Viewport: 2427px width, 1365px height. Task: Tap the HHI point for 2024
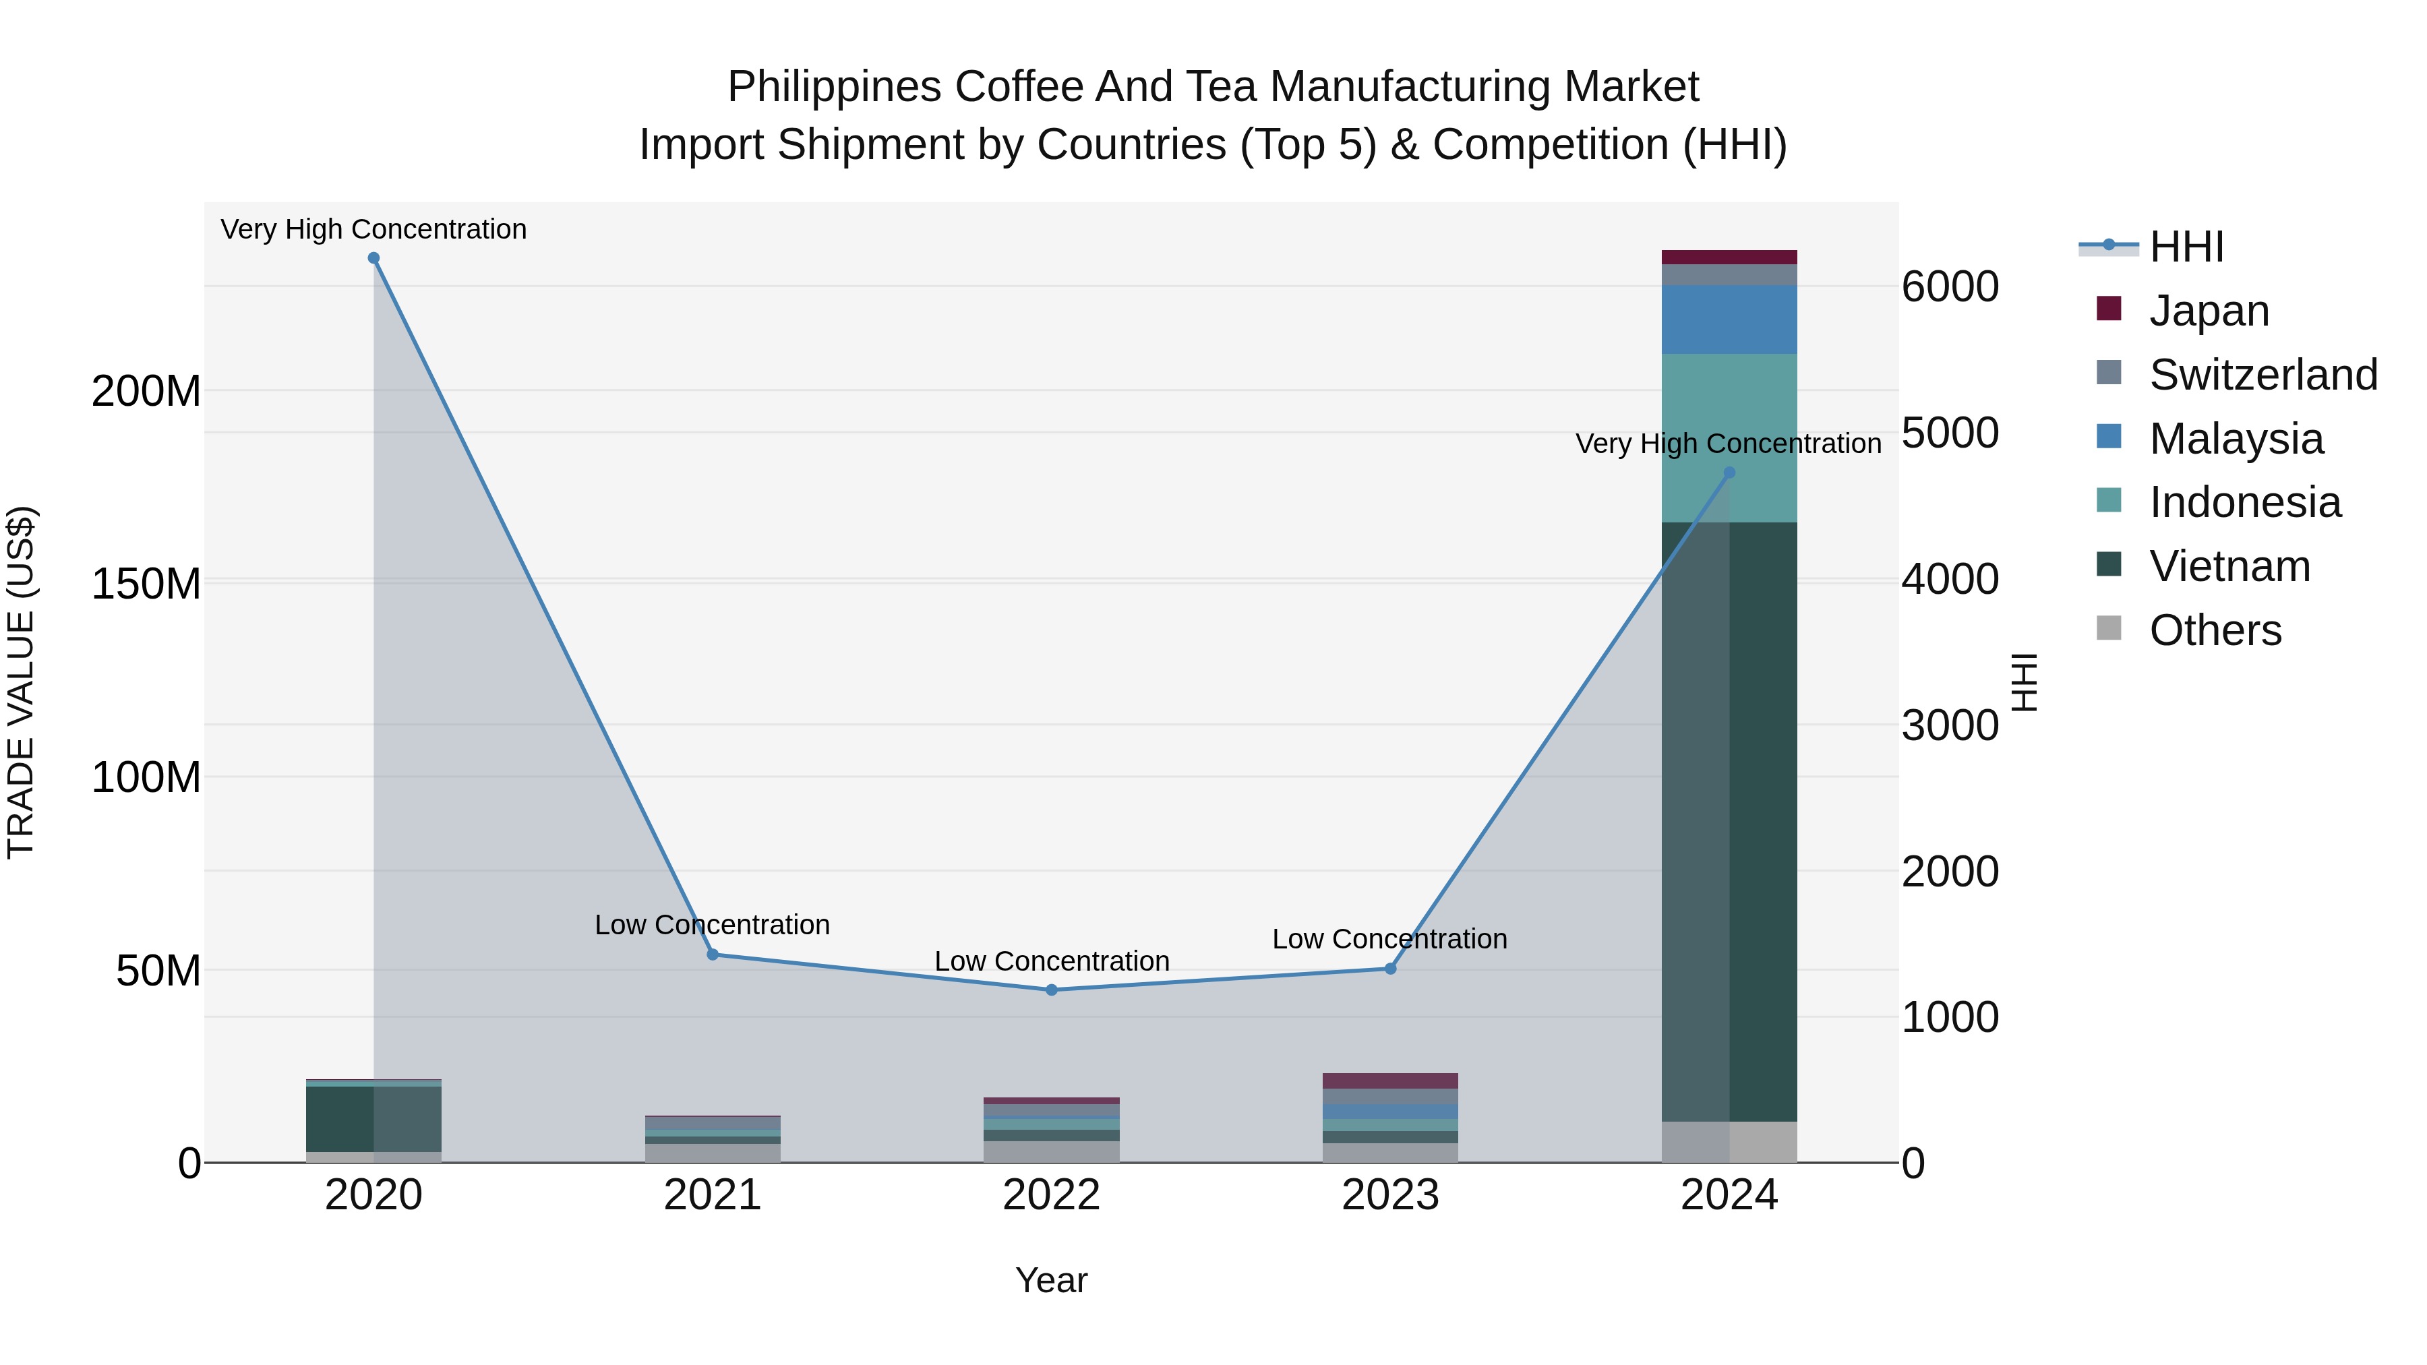point(1729,473)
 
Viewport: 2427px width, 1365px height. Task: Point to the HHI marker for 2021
point(713,954)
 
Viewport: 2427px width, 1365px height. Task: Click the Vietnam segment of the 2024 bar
point(1729,820)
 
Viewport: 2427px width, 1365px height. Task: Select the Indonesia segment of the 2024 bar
point(1729,438)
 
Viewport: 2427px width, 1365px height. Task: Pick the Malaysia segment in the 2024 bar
point(1729,320)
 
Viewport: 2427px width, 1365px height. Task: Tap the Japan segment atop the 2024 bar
point(1729,257)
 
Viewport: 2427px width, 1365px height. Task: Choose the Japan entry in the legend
point(2209,311)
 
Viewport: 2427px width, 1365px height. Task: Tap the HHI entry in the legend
point(2186,247)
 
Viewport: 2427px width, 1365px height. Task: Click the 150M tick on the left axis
point(146,584)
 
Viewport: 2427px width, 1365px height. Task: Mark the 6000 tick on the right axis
point(1949,286)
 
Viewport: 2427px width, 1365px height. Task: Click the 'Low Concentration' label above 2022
point(1052,961)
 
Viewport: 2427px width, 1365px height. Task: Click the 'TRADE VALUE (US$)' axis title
point(21,682)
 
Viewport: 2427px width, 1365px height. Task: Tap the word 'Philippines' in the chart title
point(834,87)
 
